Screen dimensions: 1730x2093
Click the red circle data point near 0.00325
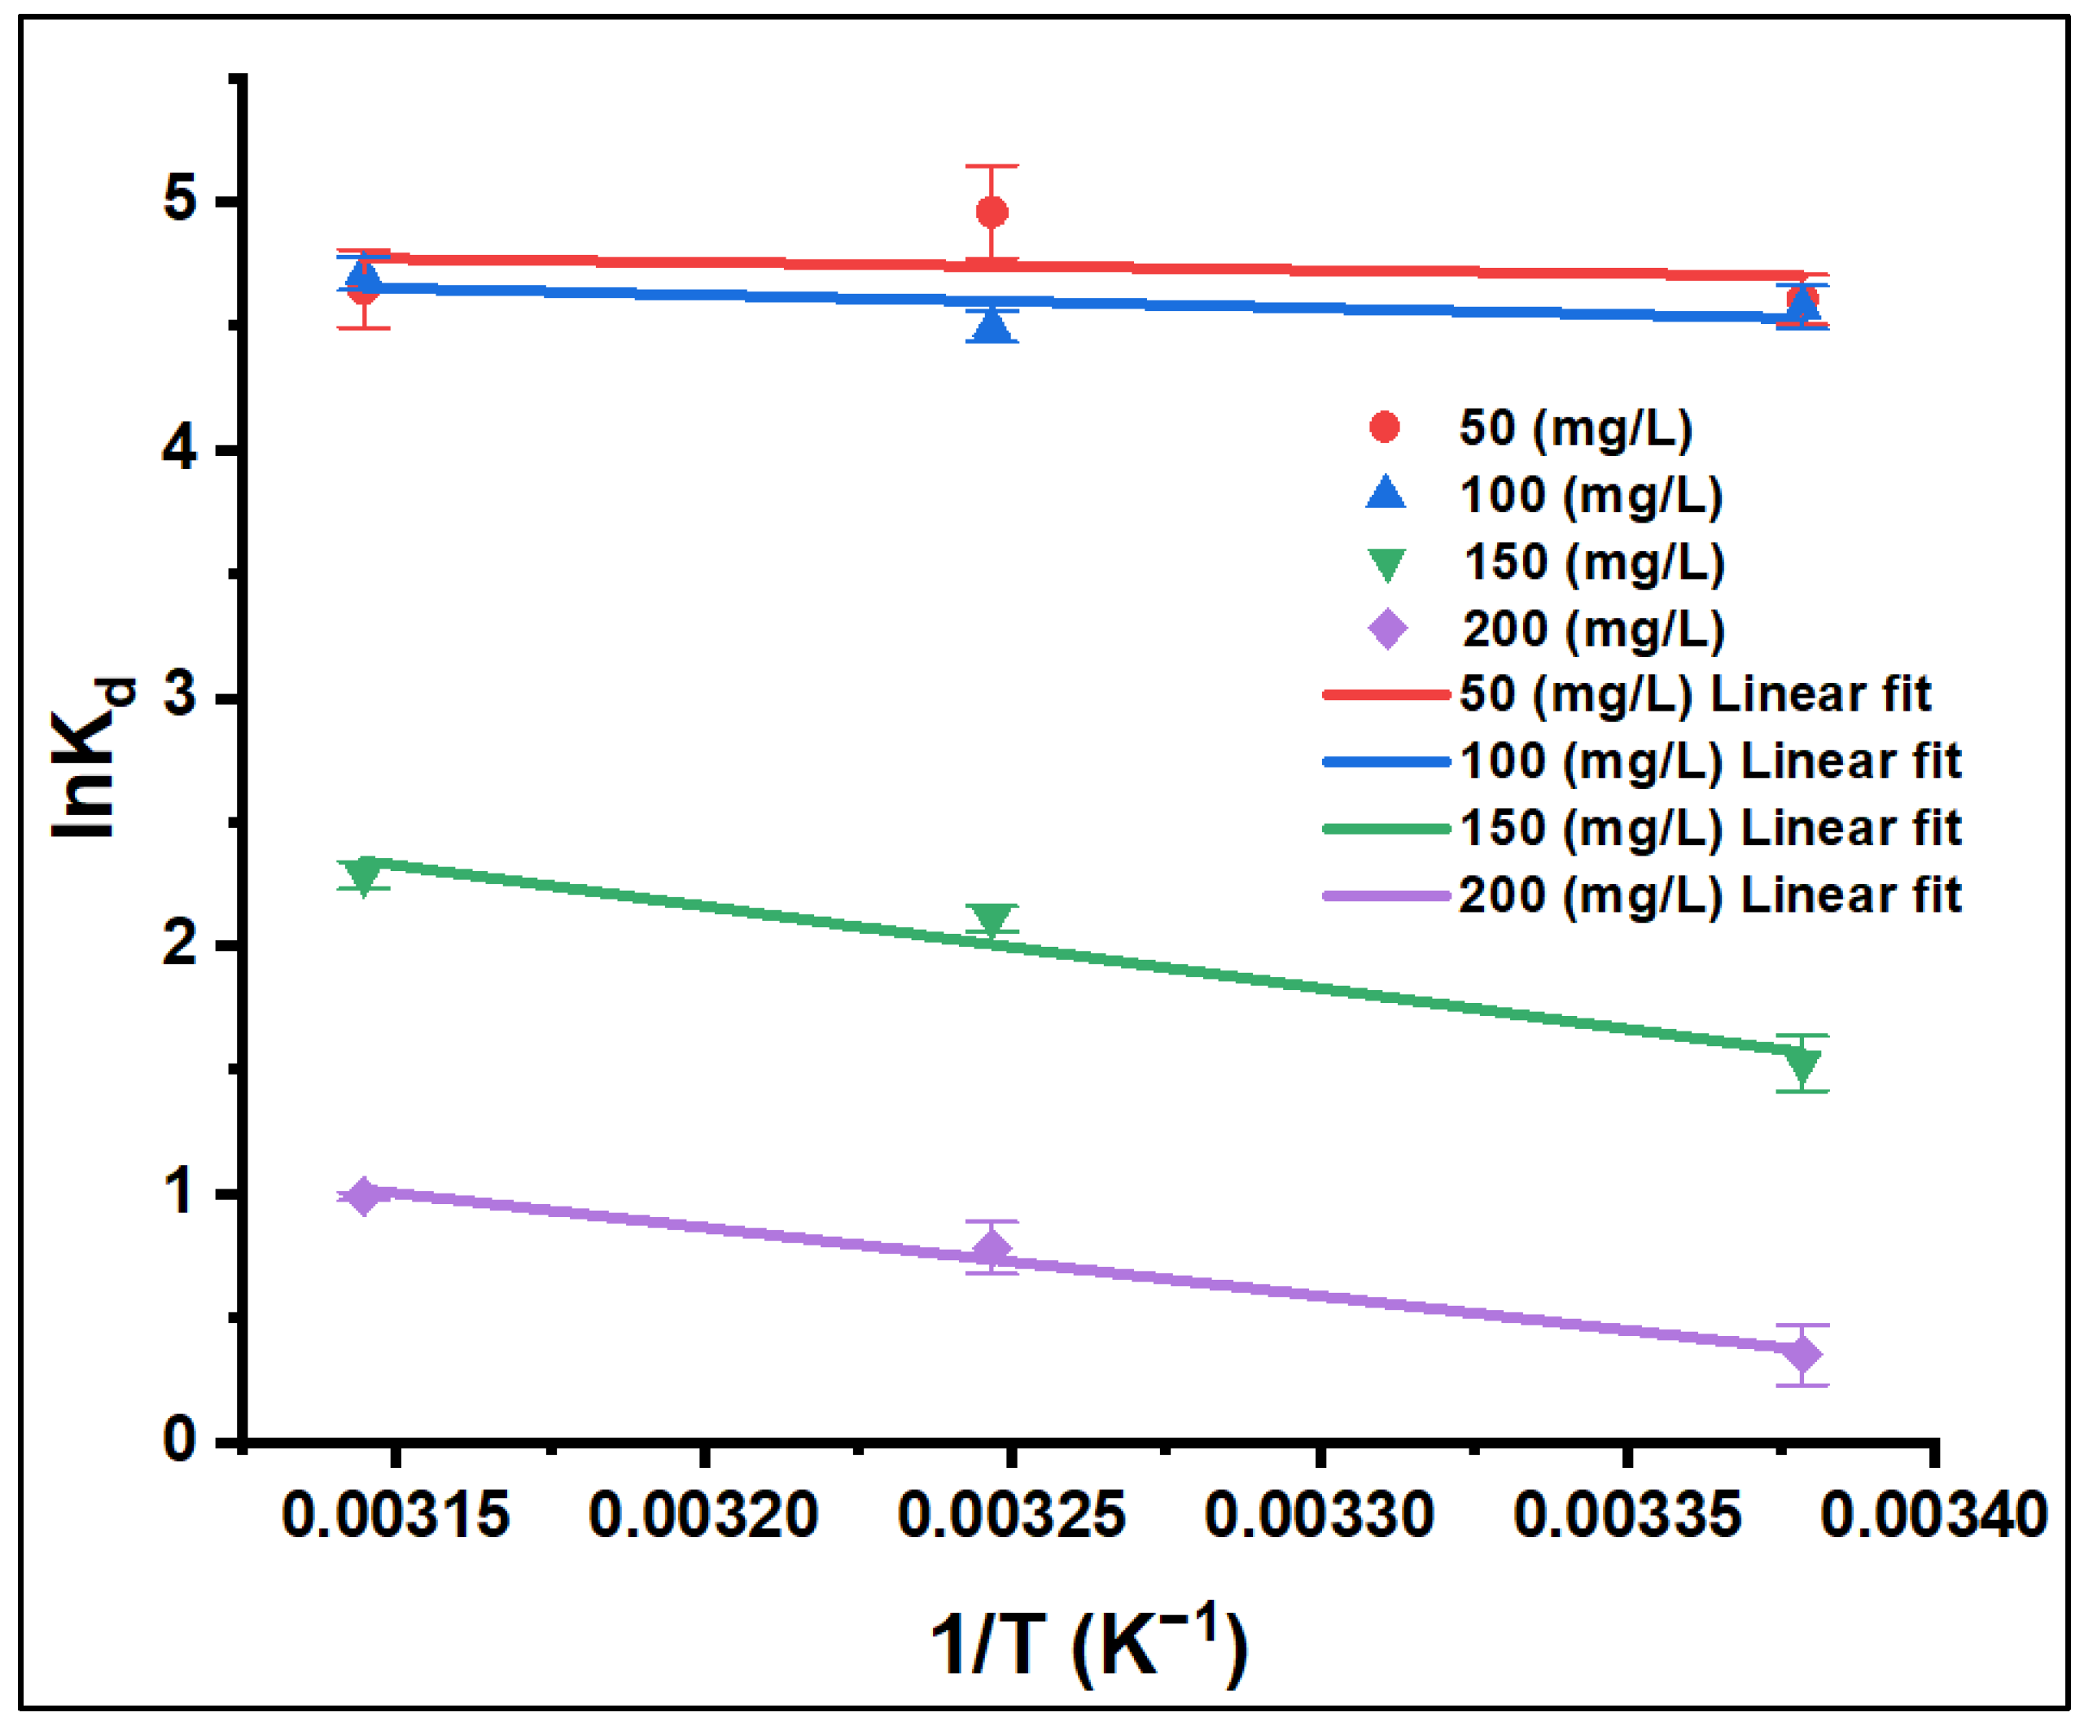point(992,212)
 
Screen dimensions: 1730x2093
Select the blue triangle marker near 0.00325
point(992,326)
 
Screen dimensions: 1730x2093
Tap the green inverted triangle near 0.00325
point(992,919)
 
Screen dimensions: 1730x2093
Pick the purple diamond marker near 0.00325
point(992,1248)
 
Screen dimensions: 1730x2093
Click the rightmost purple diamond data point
point(1802,1356)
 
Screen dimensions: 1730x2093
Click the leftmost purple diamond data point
point(364,1196)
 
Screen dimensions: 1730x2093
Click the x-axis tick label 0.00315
point(396,1516)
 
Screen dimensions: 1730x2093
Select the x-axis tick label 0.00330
point(1319,1516)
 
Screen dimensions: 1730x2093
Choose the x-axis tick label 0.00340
point(1933,1516)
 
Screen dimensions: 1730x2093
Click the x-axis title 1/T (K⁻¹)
point(1088,1645)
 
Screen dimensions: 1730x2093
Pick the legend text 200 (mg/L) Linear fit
point(1710,895)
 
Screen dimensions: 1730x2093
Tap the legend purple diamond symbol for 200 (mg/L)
point(1387,628)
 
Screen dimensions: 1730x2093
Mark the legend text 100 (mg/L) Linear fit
point(1710,761)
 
